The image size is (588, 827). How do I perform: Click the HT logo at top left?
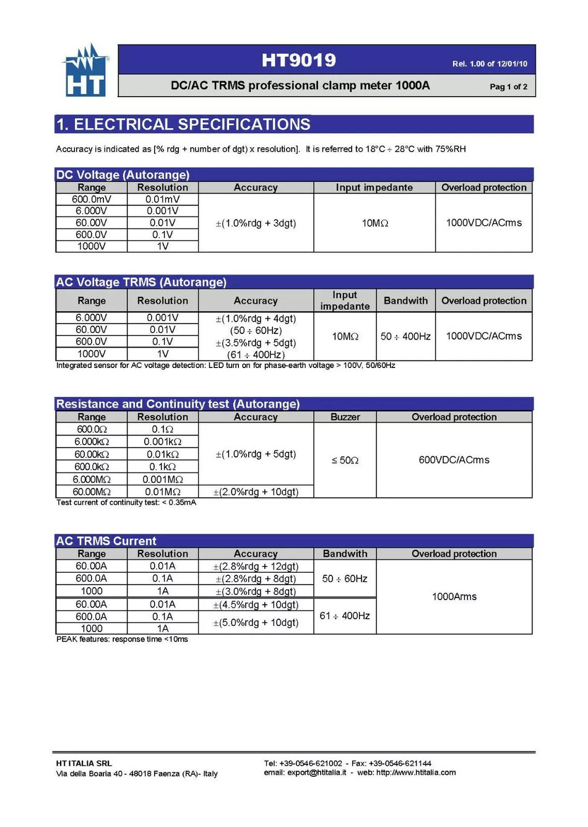point(85,71)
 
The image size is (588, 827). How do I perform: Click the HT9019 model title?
point(298,60)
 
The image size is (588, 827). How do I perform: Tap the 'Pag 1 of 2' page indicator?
point(508,87)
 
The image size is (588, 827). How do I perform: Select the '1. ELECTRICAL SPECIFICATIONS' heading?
point(183,124)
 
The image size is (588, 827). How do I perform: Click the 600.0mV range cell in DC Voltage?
point(92,199)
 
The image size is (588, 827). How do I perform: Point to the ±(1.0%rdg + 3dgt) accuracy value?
point(256,223)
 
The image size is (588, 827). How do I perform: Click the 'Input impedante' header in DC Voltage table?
point(374,187)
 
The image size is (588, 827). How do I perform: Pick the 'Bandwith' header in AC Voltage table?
point(405,301)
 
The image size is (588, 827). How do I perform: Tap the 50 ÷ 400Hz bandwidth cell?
point(405,336)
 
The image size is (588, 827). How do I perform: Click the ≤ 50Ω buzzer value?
point(345,460)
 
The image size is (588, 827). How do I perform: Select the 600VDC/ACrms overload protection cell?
point(454,460)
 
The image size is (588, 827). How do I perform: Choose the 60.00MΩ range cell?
point(92,492)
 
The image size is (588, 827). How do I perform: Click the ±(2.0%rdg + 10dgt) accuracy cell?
point(256,492)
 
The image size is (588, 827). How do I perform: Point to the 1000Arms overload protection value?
point(454,597)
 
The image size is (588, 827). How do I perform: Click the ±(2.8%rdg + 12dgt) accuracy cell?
point(256,567)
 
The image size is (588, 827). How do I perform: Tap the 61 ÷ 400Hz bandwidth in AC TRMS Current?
point(345,616)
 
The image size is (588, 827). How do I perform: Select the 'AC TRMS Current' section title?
point(106,541)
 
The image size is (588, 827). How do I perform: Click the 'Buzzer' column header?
point(345,417)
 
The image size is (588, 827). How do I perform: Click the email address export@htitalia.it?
point(316,773)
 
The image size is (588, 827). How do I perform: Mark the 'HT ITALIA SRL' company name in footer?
point(84,763)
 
